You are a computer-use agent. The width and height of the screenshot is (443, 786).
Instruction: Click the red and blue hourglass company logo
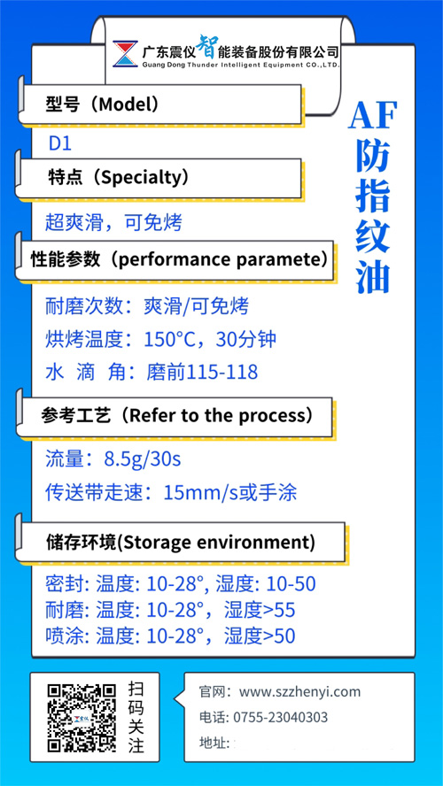(125, 54)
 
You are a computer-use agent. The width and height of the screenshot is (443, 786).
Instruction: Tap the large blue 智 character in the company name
(207, 47)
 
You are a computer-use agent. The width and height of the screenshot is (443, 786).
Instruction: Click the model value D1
(60, 144)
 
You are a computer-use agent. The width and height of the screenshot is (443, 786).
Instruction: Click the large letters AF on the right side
(373, 115)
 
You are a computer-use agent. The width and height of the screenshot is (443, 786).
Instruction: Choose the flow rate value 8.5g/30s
(143, 459)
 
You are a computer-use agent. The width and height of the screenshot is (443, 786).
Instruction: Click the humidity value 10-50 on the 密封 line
(291, 584)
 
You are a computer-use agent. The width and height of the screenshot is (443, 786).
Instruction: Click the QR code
(82, 719)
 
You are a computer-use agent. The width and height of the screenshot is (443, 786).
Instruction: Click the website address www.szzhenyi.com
(299, 692)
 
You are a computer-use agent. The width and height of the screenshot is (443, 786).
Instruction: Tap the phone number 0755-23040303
(281, 717)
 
